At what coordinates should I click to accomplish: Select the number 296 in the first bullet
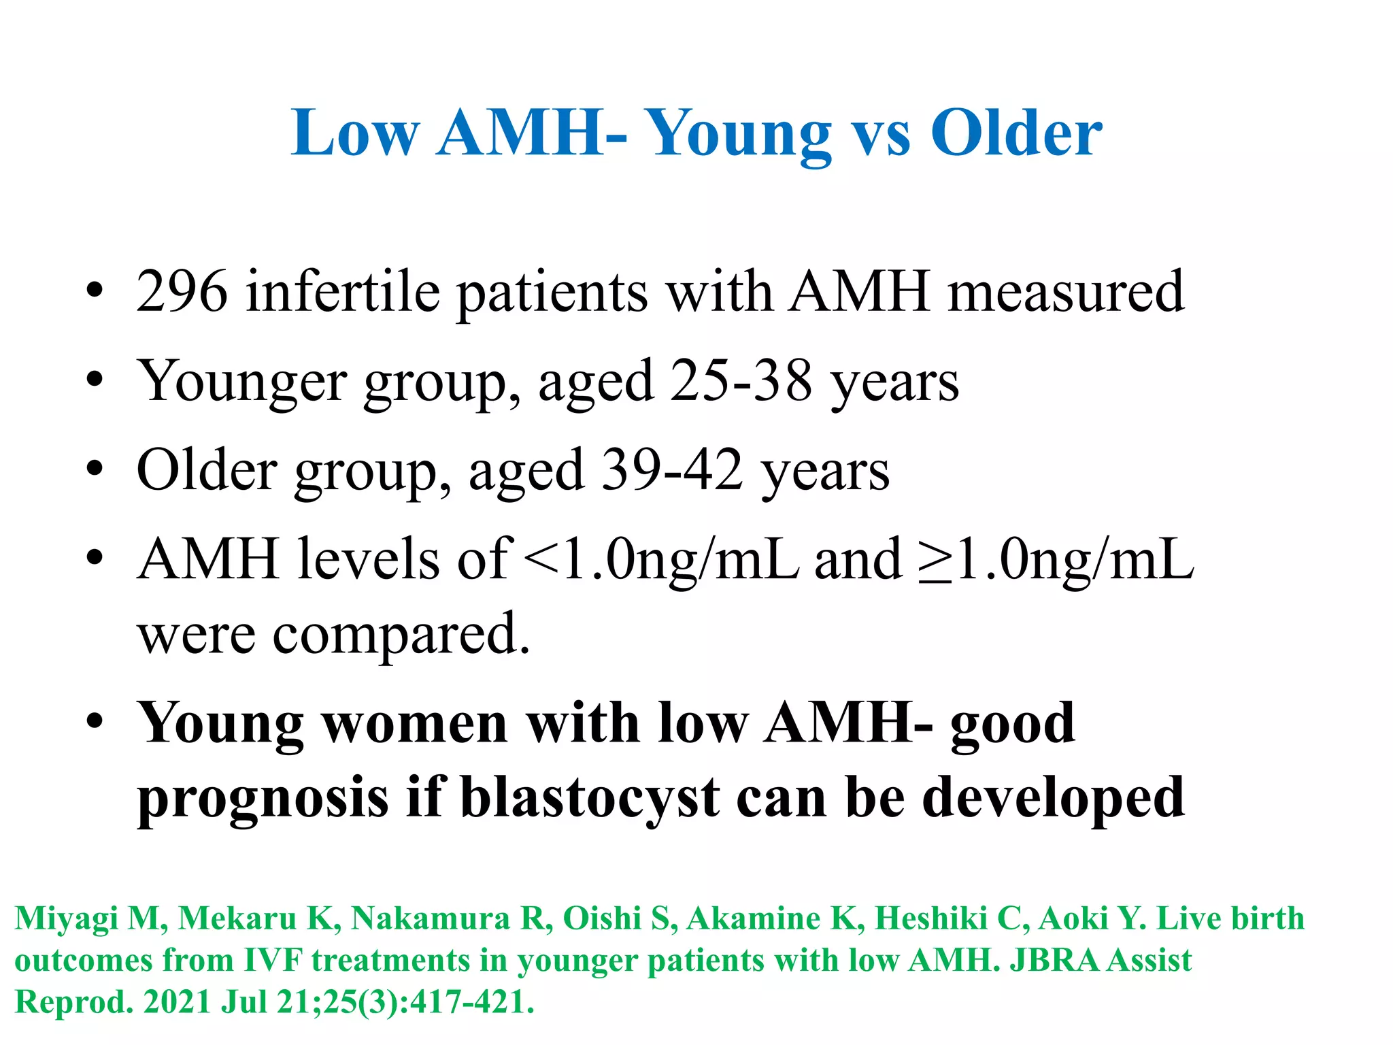tap(182, 292)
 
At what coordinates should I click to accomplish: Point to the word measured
tap(1066, 292)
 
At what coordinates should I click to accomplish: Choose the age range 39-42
tap(672, 470)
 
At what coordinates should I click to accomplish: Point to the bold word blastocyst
tap(590, 798)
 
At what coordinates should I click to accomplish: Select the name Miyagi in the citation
tap(67, 919)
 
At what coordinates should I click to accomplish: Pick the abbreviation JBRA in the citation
tap(1053, 961)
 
